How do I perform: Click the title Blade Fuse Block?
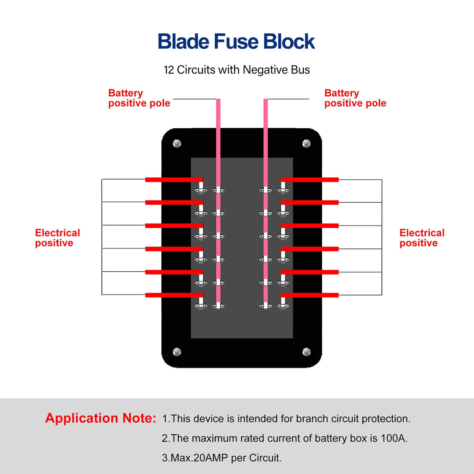236,42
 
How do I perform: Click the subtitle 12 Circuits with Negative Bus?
237,70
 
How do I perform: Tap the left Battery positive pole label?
139,98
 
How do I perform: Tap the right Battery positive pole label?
355,98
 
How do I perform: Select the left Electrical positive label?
57,238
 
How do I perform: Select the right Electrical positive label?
422,238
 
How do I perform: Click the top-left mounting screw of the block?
176,143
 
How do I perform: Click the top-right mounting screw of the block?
306,143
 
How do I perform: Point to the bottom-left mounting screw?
176,351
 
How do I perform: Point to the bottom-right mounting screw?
306,351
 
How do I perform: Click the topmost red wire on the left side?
174,180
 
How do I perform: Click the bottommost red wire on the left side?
174,295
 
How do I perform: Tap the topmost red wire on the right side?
310,180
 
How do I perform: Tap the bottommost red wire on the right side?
310,295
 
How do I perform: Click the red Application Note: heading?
100,418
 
